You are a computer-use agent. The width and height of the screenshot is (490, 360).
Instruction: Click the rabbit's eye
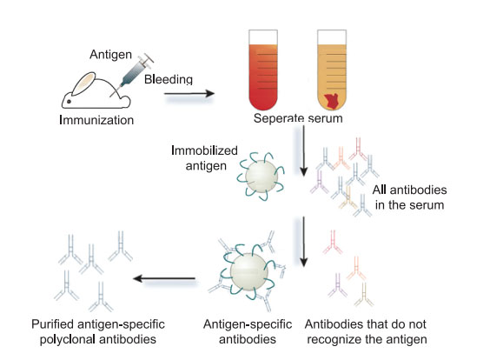pyautogui.click(x=69, y=102)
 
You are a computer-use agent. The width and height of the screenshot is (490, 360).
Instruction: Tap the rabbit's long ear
pyautogui.click(x=83, y=83)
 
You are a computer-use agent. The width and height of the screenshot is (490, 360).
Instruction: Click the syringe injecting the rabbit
pyautogui.click(x=135, y=71)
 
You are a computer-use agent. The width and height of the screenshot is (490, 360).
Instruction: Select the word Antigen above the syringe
pyautogui.click(x=111, y=55)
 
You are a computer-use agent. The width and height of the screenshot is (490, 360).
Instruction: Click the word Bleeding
pyautogui.click(x=169, y=79)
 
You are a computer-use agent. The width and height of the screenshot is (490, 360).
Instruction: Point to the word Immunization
pyautogui.click(x=96, y=120)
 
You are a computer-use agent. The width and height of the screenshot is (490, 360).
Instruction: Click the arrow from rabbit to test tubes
pyautogui.click(x=189, y=93)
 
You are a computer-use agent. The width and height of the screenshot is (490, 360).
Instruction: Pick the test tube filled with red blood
pyautogui.click(x=263, y=70)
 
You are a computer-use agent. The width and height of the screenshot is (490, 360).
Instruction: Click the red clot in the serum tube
pyautogui.click(x=333, y=102)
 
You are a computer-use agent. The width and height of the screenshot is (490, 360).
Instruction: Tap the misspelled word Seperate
pyautogui.click(x=278, y=118)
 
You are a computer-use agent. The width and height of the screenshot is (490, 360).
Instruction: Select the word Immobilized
pyautogui.click(x=205, y=150)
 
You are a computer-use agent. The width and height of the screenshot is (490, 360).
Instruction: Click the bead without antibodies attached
pyautogui.click(x=262, y=177)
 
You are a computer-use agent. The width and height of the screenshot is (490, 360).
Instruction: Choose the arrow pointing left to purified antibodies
pyautogui.click(x=164, y=278)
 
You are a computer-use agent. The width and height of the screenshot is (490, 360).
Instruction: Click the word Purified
pyautogui.click(x=53, y=324)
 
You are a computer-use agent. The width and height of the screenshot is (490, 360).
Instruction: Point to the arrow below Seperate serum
pyautogui.click(x=303, y=150)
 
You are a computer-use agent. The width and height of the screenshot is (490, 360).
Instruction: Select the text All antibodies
pyautogui.click(x=410, y=190)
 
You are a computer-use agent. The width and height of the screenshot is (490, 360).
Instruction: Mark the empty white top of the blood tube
pyautogui.click(x=263, y=37)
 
